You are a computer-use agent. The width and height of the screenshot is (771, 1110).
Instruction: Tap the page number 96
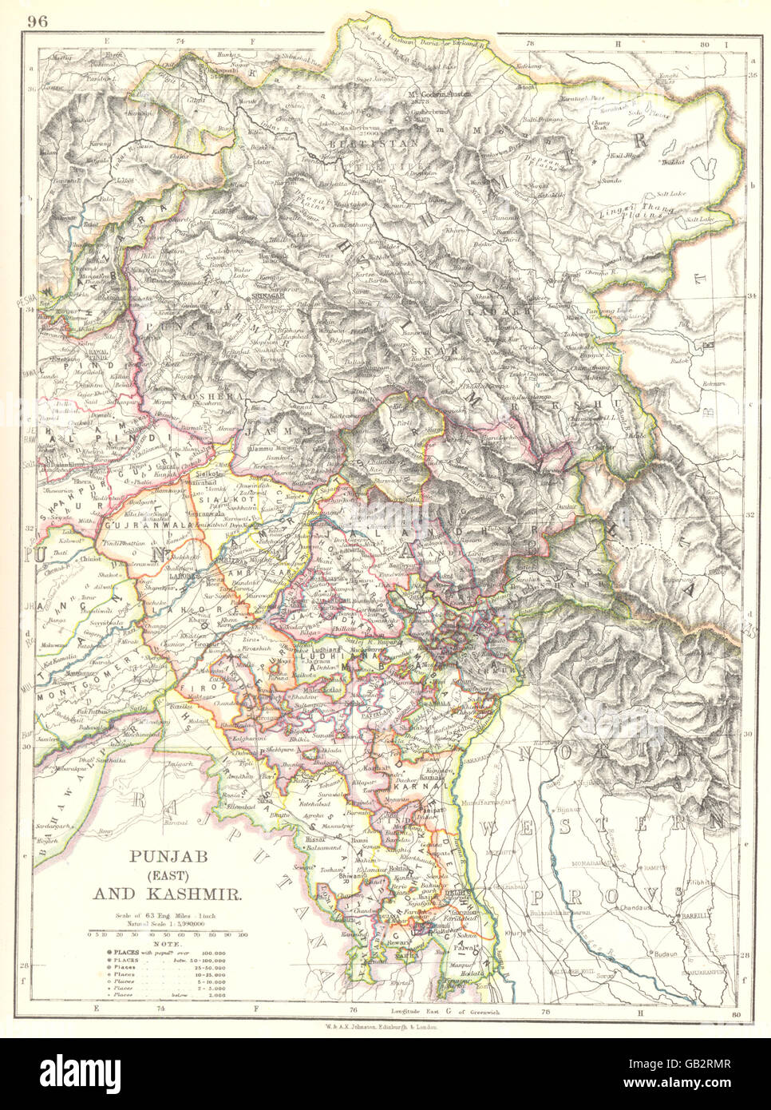[x=38, y=22]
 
